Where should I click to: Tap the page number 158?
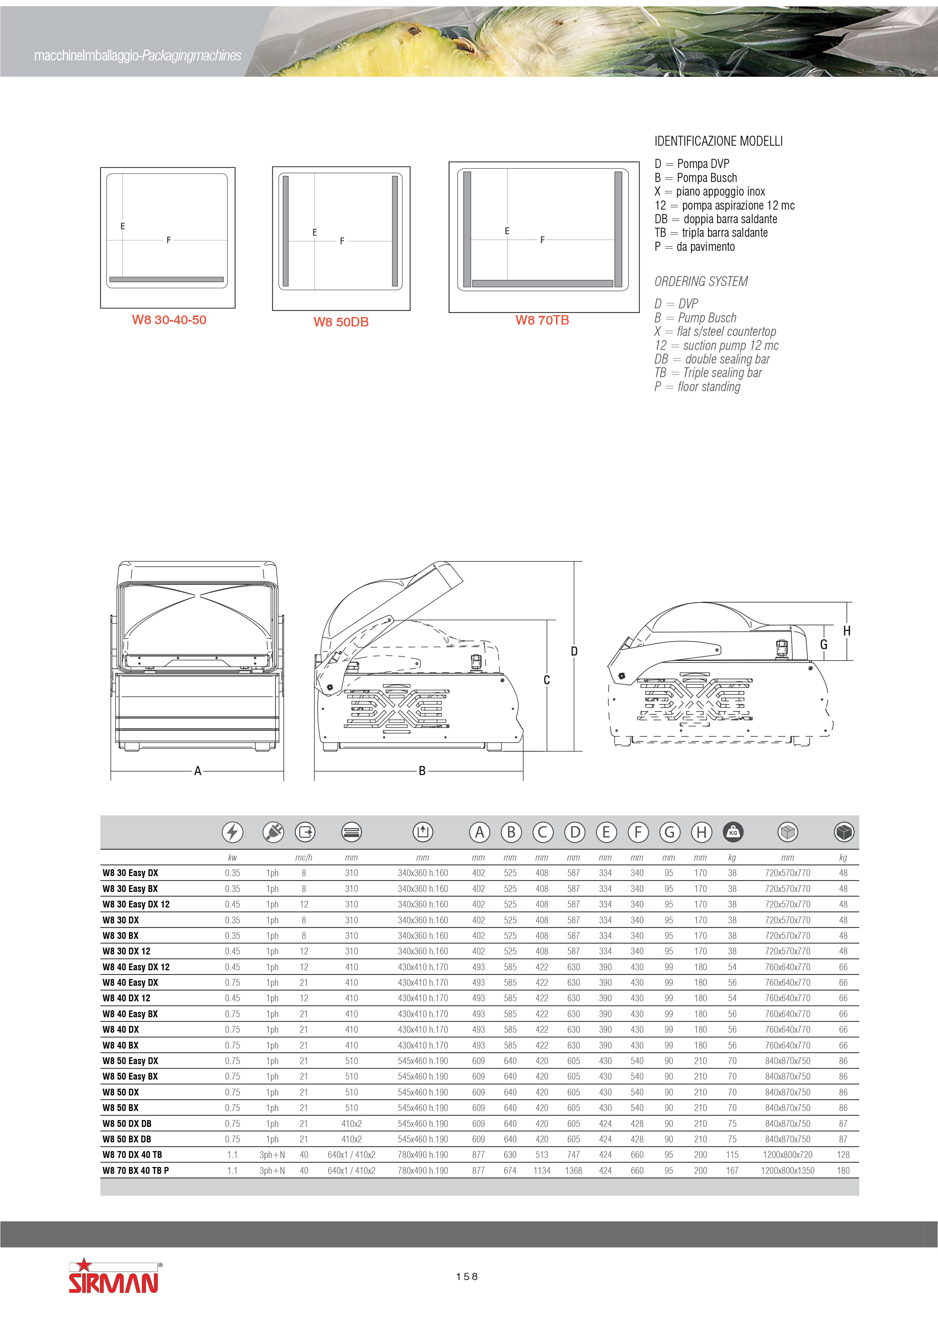click(466, 1277)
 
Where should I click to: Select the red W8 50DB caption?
click(341, 322)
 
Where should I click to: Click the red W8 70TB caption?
click(542, 320)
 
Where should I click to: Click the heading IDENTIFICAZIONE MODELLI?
click(718, 141)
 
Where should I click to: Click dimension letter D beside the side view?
click(574, 651)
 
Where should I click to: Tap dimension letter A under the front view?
click(198, 771)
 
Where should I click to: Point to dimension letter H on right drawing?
click(847, 631)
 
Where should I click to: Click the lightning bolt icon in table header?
click(232, 832)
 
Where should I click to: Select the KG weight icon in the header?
click(733, 832)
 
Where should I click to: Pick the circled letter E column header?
click(606, 832)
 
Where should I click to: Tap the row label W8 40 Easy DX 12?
click(136, 967)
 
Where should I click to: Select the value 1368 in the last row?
click(573, 1170)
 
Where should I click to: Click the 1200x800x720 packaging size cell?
click(787, 1155)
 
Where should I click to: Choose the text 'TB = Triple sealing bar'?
click(708, 373)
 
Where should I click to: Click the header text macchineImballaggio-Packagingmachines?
click(138, 56)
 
